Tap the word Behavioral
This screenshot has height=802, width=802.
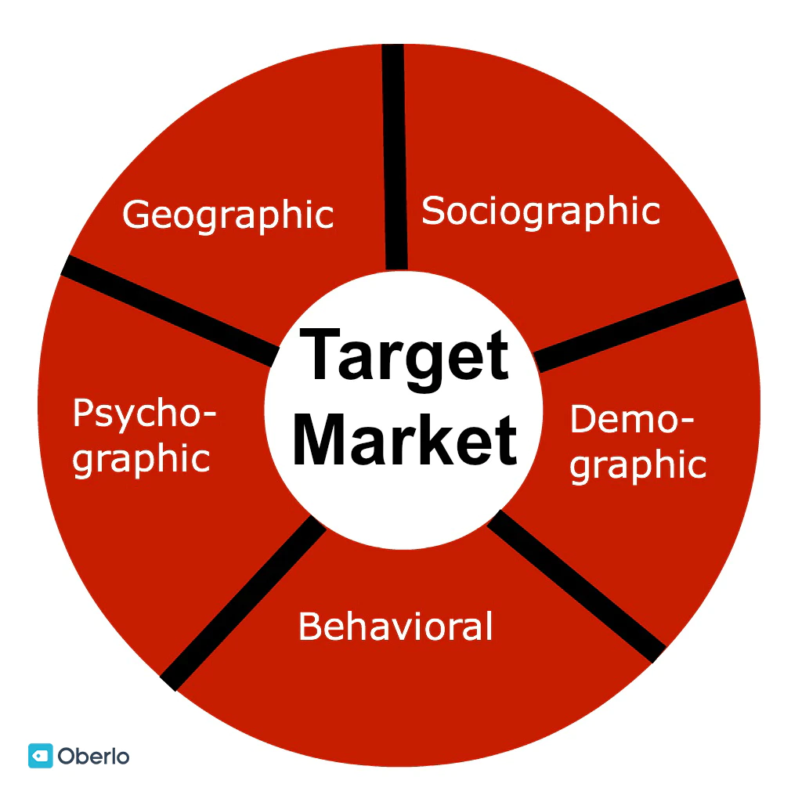[396, 627]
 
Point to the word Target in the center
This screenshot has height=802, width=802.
[404, 356]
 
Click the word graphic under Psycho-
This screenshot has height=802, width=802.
[142, 458]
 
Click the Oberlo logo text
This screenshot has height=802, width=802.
[93, 756]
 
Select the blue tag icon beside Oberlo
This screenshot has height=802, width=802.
[40, 755]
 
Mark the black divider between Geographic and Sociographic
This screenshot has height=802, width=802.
[394, 157]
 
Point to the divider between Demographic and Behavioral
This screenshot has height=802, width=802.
[576, 583]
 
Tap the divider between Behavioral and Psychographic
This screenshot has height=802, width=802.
[243, 603]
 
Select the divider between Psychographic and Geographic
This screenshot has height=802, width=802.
[168, 309]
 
